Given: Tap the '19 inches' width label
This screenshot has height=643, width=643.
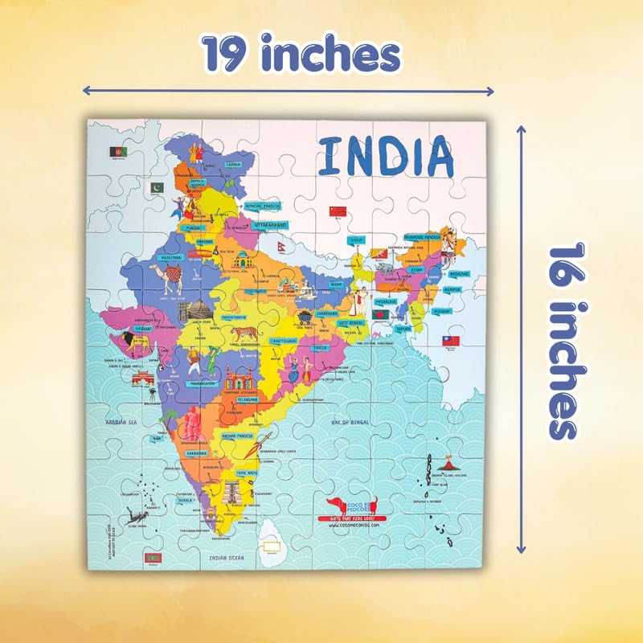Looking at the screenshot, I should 301,54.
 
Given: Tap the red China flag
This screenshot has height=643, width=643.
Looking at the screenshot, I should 338,211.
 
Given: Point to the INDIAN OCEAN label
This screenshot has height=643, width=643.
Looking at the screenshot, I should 228,556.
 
